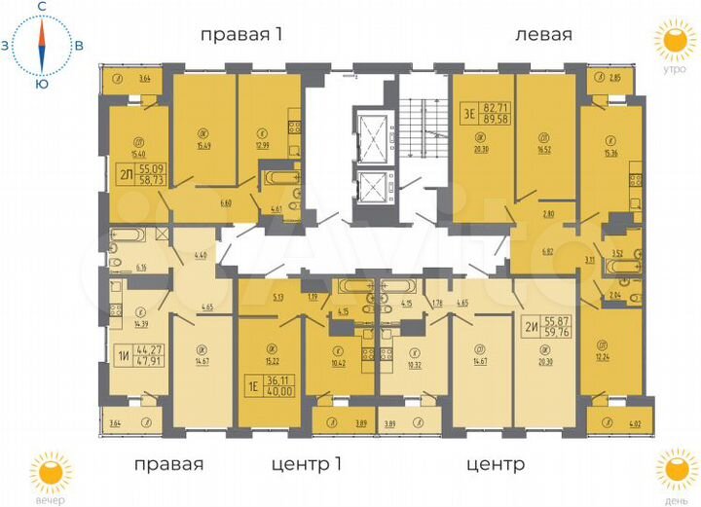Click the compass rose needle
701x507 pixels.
(x=42, y=46)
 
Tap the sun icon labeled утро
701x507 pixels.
(x=671, y=41)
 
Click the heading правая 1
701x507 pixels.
(x=240, y=35)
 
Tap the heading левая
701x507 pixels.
(x=542, y=35)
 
